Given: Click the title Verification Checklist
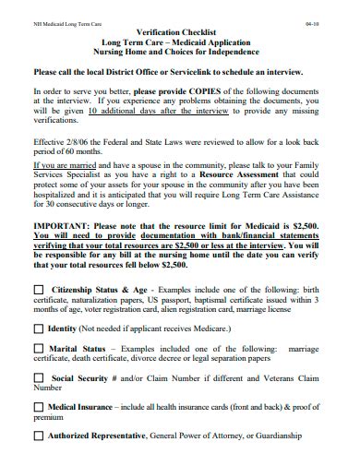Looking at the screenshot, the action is click(x=178, y=33).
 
